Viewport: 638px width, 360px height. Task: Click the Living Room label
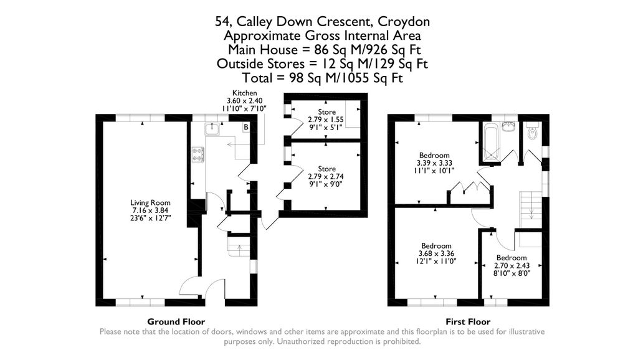(150, 211)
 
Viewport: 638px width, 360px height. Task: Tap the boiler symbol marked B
(245, 128)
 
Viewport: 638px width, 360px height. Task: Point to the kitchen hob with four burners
(199, 154)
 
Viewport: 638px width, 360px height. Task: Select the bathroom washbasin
(508, 126)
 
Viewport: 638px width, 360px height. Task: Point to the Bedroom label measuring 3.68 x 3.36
(436, 253)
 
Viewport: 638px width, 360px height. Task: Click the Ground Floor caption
(176, 322)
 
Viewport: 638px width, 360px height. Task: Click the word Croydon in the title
(406, 22)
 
